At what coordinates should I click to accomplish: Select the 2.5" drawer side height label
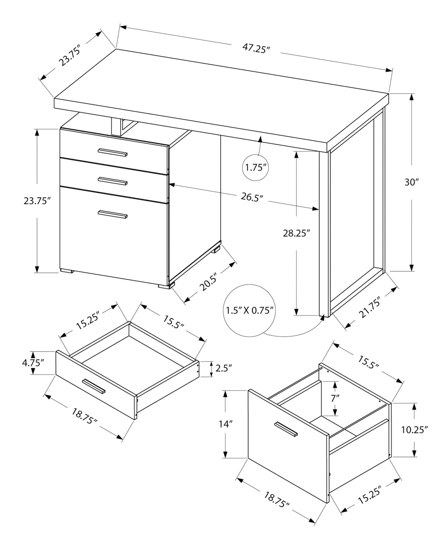[x=224, y=368]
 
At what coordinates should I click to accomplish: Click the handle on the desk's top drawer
[x=112, y=152]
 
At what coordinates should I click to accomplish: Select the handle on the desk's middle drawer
[x=112, y=181]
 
